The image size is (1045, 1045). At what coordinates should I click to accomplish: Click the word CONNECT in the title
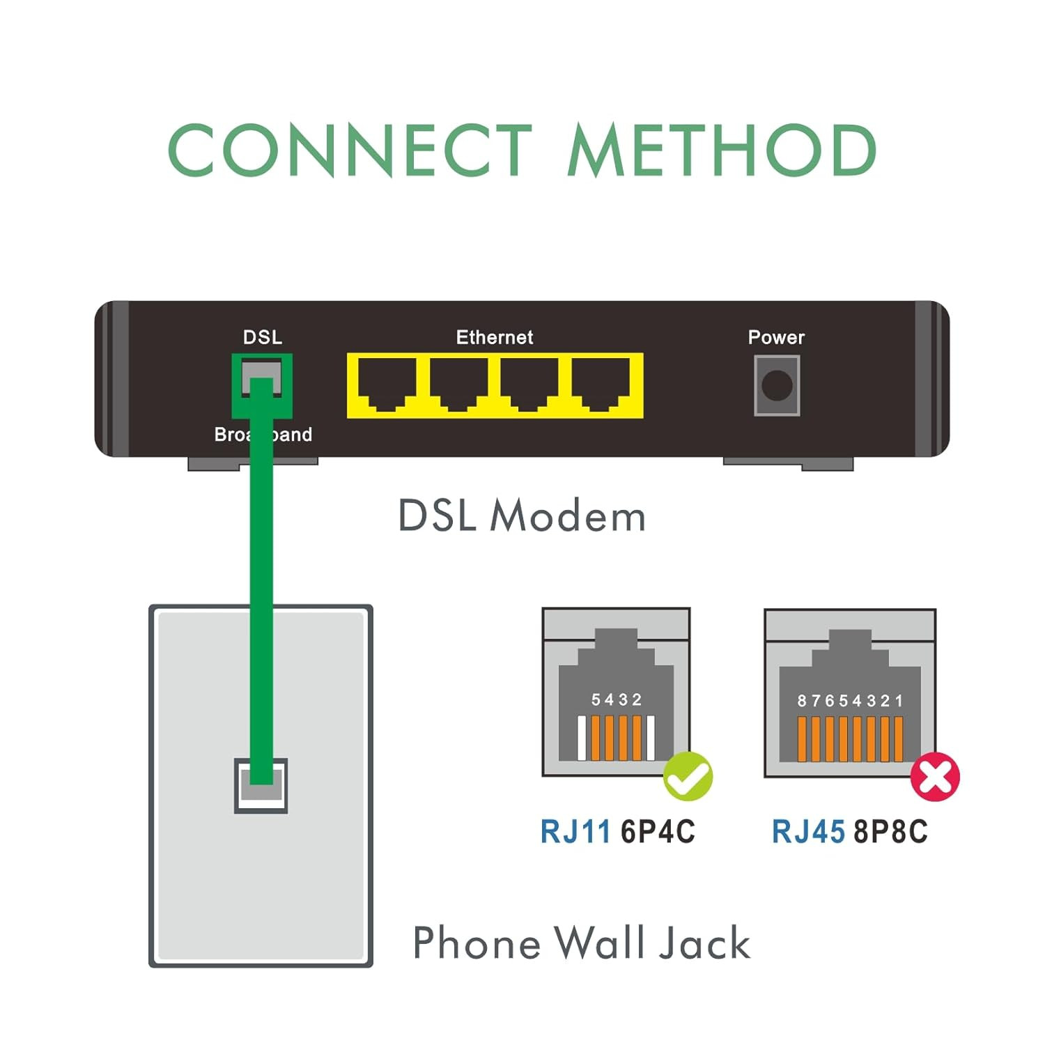350,150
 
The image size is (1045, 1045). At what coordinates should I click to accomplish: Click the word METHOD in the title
722,150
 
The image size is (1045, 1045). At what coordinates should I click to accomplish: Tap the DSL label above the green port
263,337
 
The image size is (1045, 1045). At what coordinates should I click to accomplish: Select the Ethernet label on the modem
495,337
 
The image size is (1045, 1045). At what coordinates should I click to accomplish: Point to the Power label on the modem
776,337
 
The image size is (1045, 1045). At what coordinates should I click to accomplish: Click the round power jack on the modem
777,385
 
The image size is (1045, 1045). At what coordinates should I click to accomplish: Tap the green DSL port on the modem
262,386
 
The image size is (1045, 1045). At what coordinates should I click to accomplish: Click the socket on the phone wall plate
261,785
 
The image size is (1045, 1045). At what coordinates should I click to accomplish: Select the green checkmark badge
688,777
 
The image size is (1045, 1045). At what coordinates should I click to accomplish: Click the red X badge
935,777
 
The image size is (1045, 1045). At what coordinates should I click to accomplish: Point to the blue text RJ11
575,832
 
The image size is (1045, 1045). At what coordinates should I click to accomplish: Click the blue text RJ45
808,832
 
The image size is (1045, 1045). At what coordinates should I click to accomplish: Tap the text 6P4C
658,832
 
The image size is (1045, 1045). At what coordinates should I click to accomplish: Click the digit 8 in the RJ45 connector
802,701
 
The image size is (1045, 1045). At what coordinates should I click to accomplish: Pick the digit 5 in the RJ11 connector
596,699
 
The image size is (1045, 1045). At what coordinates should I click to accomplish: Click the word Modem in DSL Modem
568,516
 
